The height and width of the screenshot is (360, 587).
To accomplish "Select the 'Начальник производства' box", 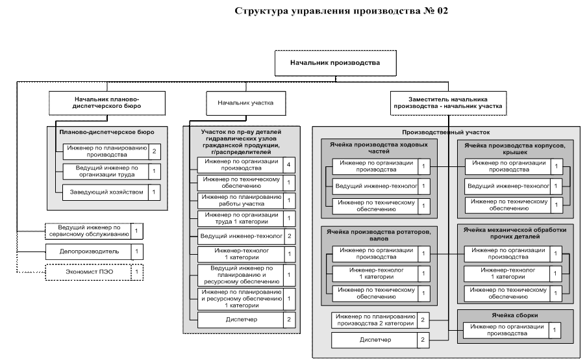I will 335,63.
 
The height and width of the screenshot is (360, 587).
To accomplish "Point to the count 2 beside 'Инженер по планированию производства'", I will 154,152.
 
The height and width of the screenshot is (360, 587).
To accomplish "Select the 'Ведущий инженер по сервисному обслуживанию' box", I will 89,231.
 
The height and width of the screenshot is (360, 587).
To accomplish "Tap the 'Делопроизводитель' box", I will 89,251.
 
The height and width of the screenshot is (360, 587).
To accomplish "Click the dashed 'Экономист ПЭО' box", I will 89,272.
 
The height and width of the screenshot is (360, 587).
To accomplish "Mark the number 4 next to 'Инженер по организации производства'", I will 289,164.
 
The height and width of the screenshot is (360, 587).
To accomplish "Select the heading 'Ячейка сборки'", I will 515,315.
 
